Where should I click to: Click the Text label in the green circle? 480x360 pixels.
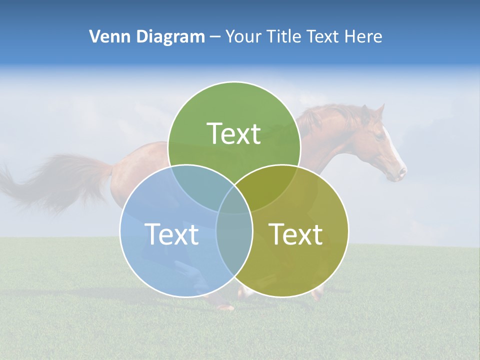234,133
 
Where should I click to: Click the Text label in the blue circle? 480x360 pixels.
171,234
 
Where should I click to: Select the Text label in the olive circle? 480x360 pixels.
296,234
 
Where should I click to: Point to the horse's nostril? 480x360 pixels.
400,172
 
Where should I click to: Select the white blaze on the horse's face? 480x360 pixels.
392,147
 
